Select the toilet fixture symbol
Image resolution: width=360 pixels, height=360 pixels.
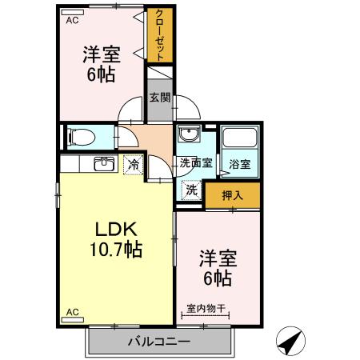click(81, 135)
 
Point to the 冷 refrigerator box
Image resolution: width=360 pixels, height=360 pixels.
click(134, 165)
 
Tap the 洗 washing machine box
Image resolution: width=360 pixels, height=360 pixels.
click(191, 190)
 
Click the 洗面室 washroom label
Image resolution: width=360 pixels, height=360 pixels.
click(195, 163)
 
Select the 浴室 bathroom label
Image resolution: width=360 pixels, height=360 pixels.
click(239, 164)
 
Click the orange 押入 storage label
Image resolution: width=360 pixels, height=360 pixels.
click(232, 194)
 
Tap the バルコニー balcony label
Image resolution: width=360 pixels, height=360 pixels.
click(158, 342)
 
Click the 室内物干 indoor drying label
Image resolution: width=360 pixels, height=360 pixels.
click(207, 306)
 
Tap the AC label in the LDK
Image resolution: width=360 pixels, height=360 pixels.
click(73, 311)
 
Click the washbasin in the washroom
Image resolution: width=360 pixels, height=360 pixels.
click(190, 134)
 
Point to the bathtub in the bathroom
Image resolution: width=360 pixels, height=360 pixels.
click(239, 139)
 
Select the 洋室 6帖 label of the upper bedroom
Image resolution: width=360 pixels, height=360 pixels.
click(101, 64)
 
